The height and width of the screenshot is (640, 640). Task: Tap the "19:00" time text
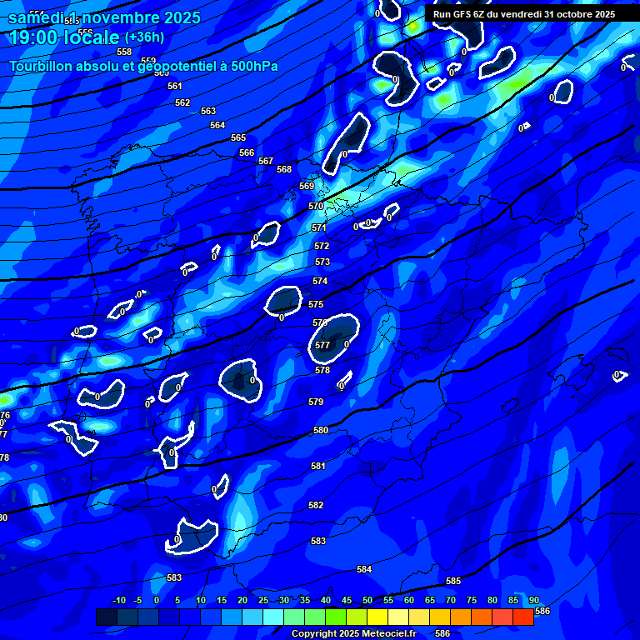[32, 37]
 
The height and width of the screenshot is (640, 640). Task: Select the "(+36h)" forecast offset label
[144, 37]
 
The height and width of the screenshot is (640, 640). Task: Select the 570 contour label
[316, 206]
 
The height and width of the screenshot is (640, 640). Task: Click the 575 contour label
[316, 304]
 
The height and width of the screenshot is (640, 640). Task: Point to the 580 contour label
[321, 430]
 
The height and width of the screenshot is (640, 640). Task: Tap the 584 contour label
[364, 569]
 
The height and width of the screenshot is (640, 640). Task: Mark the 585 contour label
[453, 581]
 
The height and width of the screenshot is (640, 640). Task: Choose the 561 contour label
[174, 86]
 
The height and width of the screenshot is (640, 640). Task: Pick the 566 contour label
[247, 152]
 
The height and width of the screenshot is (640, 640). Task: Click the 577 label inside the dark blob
[322, 344]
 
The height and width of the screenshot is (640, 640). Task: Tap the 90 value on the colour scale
[533, 600]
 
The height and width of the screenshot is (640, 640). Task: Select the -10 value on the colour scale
[118, 600]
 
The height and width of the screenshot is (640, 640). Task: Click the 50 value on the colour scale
[367, 600]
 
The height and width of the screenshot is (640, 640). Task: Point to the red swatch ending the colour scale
[523, 617]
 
